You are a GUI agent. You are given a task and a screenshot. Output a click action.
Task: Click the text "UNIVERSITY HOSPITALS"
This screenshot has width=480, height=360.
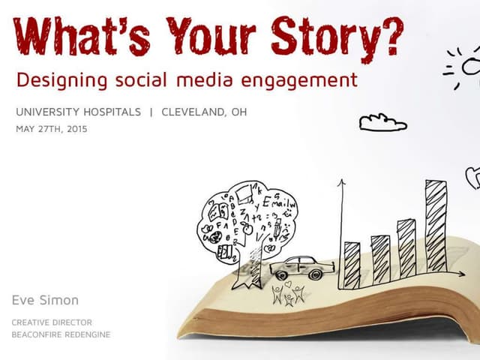tap(78, 112)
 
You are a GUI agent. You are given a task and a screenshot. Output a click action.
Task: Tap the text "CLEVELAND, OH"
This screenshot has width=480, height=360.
tap(204, 112)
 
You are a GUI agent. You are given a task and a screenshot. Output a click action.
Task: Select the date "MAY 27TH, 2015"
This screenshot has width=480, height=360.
tap(51, 129)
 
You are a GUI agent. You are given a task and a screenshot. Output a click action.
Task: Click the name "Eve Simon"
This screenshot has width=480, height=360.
tap(45, 300)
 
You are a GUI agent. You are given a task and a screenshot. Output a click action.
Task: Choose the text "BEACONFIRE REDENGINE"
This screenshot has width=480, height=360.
tap(61, 334)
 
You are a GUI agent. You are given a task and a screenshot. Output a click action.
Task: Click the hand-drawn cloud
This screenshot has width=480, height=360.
tap(382, 121)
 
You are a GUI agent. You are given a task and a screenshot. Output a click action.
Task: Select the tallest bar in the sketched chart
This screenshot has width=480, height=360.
tap(436, 225)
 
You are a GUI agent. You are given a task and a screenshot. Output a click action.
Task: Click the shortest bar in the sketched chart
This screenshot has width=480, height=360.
tap(352, 265)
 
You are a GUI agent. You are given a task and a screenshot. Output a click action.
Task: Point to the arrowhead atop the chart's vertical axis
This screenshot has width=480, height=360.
tap(340, 182)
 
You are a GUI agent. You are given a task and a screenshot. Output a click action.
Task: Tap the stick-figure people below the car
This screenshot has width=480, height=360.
tap(288, 295)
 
